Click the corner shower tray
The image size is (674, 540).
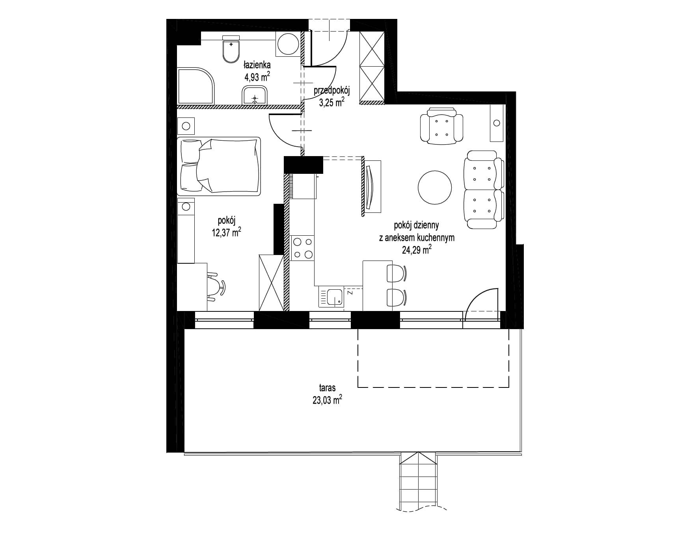[x=196, y=87]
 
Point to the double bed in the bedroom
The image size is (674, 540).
[x=219, y=166]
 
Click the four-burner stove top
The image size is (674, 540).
[x=302, y=248]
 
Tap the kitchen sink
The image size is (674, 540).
[x=331, y=298]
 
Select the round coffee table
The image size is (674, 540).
[x=434, y=187]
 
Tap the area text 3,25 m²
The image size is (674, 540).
[x=331, y=102]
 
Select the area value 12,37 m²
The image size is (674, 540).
[x=226, y=233]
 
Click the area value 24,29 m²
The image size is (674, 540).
[x=416, y=249]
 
